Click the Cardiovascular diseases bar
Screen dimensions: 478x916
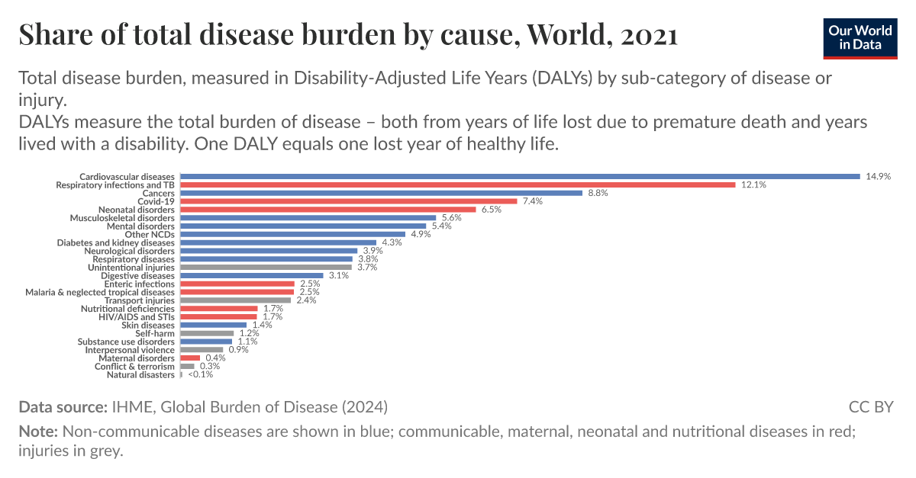click(x=519, y=177)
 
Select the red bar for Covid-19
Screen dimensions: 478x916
click(x=348, y=201)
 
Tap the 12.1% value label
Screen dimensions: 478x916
click(x=753, y=185)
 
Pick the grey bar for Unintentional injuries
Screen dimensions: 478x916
click(x=266, y=268)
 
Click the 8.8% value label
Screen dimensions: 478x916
click(x=598, y=193)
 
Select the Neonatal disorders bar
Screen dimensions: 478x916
click(x=327, y=210)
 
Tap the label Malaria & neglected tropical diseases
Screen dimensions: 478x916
click(x=100, y=292)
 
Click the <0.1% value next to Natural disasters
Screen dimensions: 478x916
click(x=200, y=374)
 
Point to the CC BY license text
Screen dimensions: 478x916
click(x=870, y=406)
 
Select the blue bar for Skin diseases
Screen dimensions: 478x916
click(x=213, y=325)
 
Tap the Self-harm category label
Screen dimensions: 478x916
click(x=155, y=333)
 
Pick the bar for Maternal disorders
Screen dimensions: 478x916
click(x=190, y=358)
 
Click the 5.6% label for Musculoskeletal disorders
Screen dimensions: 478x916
click(x=452, y=218)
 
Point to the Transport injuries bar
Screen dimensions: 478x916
click(x=235, y=300)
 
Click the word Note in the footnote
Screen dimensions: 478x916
click(x=37, y=431)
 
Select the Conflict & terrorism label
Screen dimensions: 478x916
click(x=134, y=367)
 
